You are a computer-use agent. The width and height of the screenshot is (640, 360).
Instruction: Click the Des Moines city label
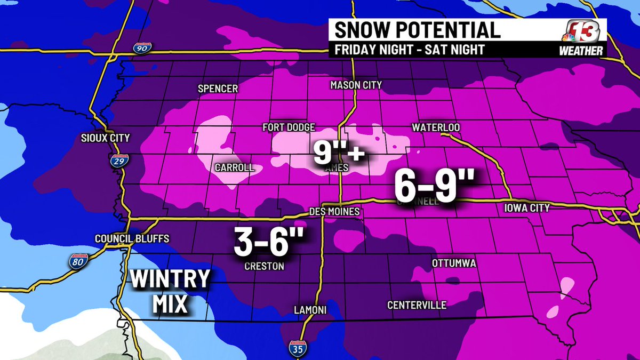[335, 212]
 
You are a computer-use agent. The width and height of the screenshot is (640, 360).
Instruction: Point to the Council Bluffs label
[124, 238]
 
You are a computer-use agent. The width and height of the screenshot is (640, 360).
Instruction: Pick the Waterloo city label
[436, 128]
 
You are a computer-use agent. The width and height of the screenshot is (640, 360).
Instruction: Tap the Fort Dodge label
[289, 128]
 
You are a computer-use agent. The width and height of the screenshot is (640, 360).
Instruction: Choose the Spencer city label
[218, 89]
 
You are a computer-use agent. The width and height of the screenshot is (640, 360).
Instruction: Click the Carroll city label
[234, 167]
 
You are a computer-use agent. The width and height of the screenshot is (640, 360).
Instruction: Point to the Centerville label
[417, 305]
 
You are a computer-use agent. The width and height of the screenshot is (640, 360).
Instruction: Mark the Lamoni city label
[310, 310]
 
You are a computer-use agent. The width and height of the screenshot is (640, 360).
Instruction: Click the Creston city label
[264, 266]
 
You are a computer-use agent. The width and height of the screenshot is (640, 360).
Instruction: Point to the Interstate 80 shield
[77, 260]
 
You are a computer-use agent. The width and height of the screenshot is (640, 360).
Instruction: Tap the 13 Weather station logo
[584, 37]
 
